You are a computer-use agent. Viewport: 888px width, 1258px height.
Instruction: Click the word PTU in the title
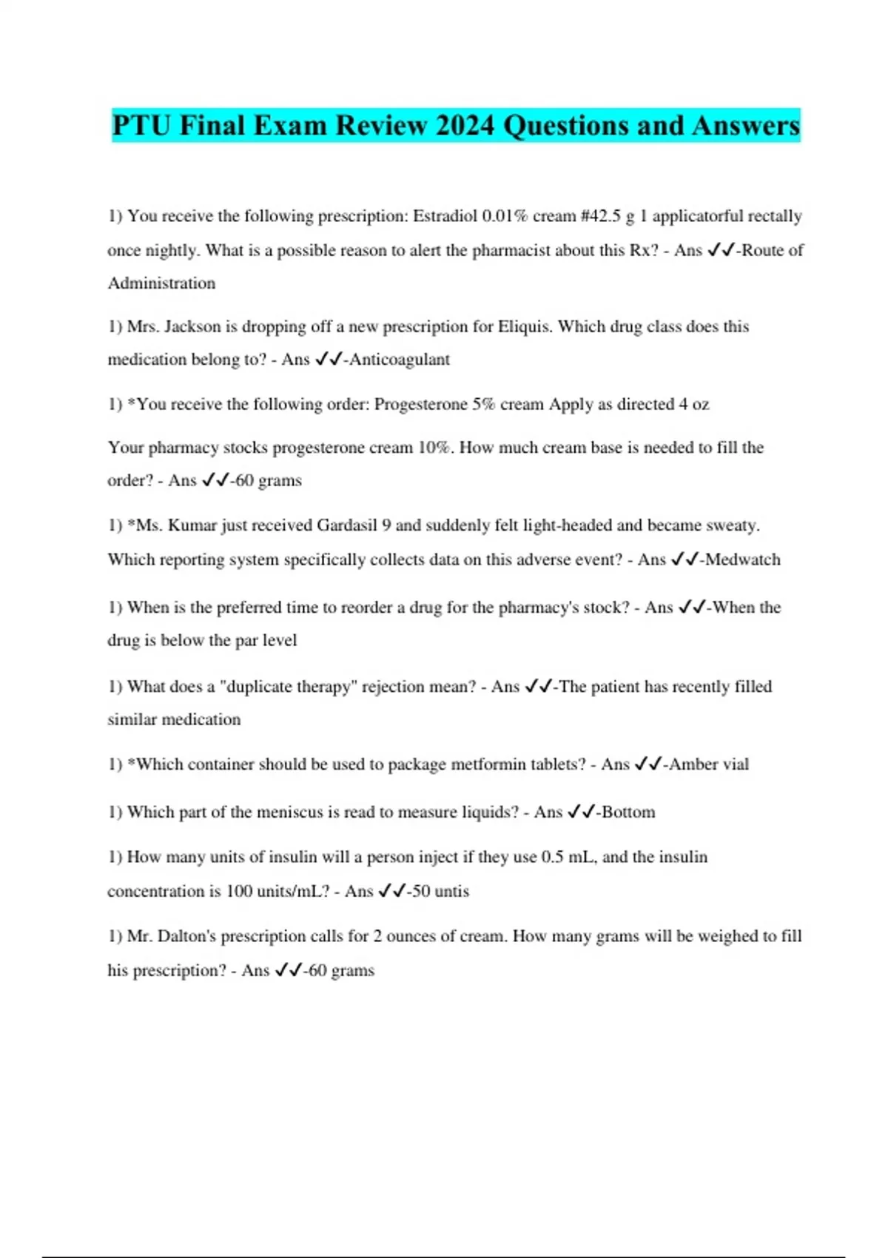[x=141, y=126]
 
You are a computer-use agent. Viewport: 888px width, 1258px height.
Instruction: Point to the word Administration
[x=161, y=283]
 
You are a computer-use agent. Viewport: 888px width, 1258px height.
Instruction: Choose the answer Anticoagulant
[x=400, y=360]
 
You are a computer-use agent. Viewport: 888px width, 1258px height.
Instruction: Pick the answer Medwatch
[x=743, y=559]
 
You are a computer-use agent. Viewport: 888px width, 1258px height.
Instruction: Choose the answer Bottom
[x=628, y=813]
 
